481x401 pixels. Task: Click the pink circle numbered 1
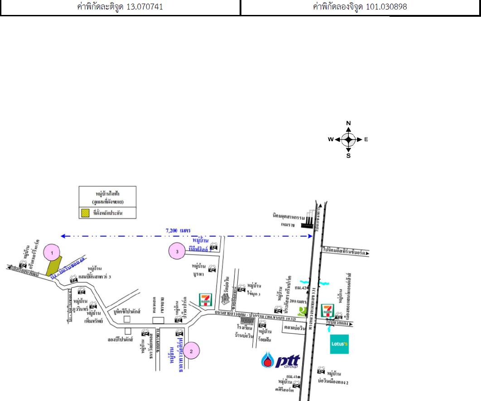[53, 252]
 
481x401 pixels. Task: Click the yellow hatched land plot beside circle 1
[55, 265]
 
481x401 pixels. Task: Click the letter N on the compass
[348, 123]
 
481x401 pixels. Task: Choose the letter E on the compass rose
[366, 139]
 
